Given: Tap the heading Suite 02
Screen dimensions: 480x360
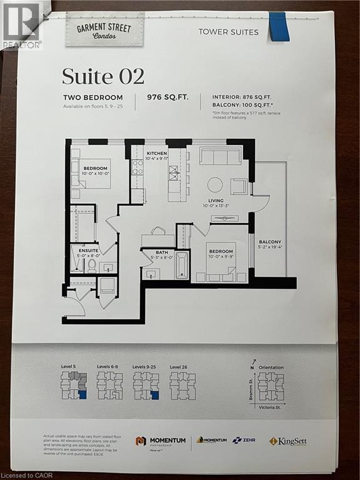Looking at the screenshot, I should tap(102, 76).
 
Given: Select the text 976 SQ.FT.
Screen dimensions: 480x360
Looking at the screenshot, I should tap(166, 97).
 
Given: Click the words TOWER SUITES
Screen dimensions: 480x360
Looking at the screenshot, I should tap(228, 32).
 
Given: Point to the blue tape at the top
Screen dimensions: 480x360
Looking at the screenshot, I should tap(279, 26).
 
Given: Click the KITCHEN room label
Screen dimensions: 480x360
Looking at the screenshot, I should tap(157, 153).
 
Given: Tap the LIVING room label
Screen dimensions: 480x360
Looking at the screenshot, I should tap(216, 201).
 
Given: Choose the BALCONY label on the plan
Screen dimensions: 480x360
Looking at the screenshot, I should tap(270, 242).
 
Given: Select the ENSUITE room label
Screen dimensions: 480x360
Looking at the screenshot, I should tap(88, 249).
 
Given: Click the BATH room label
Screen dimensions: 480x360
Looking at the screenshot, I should tap(157, 252).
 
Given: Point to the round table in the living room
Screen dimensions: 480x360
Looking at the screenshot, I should tap(215, 184).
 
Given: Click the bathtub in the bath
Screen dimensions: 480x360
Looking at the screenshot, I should tap(181, 265).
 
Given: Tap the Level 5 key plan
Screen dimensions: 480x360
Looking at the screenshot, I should tap(73, 385).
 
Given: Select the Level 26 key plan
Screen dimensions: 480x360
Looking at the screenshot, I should tap(182, 385).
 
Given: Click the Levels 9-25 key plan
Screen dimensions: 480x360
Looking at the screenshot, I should tap(146, 385).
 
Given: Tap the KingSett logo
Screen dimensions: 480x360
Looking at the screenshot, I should tap(291, 441).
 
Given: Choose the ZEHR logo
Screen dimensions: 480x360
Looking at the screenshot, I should tap(242, 440).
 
